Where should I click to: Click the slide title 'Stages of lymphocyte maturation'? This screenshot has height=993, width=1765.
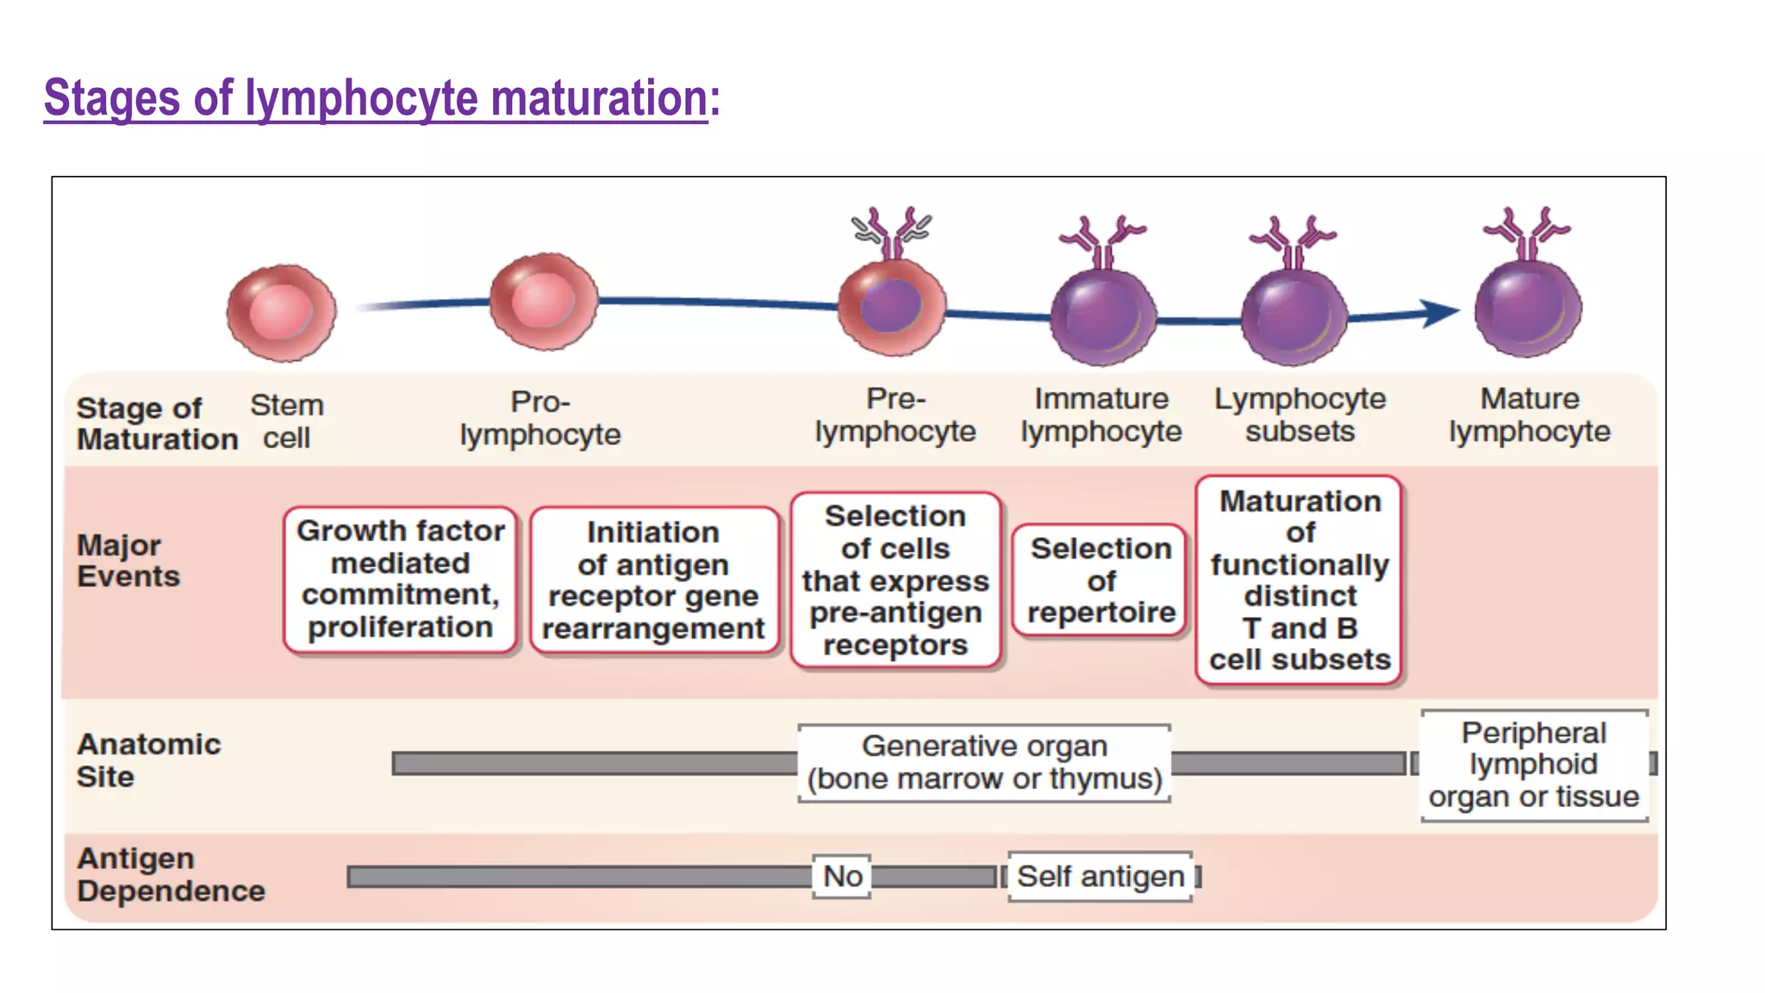click(x=376, y=97)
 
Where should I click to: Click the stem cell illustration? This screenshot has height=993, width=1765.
click(x=281, y=312)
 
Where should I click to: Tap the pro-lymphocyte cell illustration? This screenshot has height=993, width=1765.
click(x=543, y=301)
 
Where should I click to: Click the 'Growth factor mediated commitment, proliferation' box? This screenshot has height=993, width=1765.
click(x=401, y=579)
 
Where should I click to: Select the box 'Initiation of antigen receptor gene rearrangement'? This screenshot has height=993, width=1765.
click(x=653, y=580)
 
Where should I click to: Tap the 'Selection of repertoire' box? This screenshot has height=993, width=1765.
click(x=1101, y=580)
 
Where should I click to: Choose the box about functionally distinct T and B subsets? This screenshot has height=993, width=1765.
click(x=1300, y=580)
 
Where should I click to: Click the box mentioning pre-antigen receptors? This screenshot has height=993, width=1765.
click(x=895, y=580)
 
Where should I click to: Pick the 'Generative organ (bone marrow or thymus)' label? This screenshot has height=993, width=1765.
click(x=984, y=763)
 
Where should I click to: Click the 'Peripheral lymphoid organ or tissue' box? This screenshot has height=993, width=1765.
click(x=1533, y=765)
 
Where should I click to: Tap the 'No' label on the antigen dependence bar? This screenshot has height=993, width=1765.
click(x=842, y=877)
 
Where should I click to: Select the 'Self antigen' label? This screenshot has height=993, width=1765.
click(x=1101, y=877)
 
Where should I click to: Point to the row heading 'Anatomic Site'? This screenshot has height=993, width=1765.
click(x=147, y=760)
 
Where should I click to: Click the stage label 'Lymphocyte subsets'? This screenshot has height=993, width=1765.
click(x=1300, y=415)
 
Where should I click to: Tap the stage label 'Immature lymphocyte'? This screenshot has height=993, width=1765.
click(x=1101, y=415)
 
